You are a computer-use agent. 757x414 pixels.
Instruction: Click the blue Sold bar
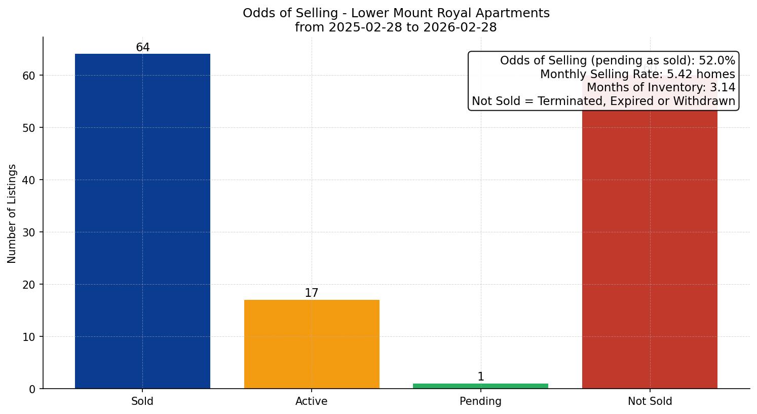[x=142, y=221]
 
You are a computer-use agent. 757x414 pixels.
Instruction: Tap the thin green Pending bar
[x=480, y=386]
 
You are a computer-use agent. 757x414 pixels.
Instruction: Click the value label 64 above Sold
[x=143, y=48]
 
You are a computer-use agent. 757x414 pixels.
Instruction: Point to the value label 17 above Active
[x=312, y=293]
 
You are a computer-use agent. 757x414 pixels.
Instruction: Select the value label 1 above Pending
[x=481, y=377]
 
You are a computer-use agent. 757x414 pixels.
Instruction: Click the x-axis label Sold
[x=142, y=401]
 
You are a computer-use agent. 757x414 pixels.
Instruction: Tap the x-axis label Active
[x=312, y=401]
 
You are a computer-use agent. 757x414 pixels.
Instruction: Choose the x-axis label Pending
[x=480, y=401]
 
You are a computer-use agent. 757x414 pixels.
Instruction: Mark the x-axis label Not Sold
[x=650, y=401]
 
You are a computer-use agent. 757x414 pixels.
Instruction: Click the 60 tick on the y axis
[x=29, y=76]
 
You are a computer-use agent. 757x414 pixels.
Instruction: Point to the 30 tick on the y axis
[x=29, y=232]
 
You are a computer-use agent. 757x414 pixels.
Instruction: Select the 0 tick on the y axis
[x=32, y=389]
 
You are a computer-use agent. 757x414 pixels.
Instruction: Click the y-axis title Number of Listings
[x=12, y=214]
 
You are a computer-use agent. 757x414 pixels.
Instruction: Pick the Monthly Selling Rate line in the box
[x=637, y=74]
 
